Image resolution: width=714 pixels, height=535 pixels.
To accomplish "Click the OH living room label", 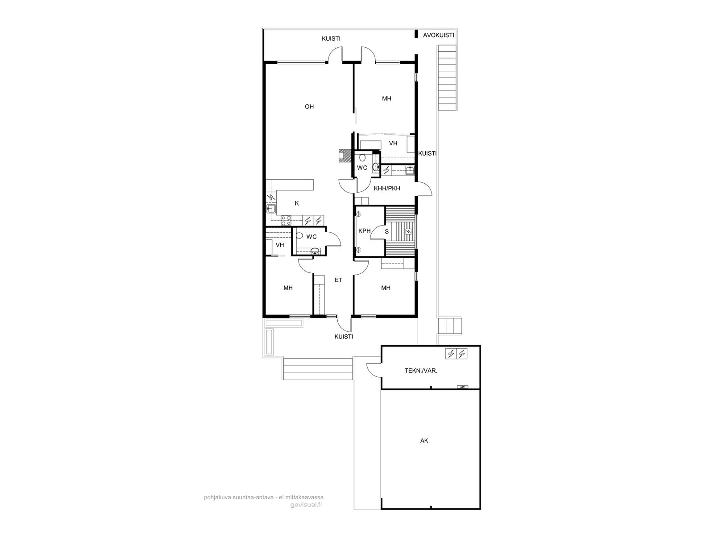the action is pyautogui.click(x=309, y=107).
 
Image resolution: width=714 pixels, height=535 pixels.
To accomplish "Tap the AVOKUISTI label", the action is pyautogui.click(x=438, y=35).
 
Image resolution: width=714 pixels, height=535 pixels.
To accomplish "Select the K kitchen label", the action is pyautogui.click(x=297, y=203).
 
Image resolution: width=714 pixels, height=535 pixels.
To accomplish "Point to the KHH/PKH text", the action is pyautogui.click(x=387, y=189).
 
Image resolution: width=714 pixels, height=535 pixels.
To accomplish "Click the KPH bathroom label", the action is pyautogui.click(x=364, y=231).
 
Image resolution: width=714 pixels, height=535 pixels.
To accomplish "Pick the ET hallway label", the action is pyautogui.click(x=338, y=280).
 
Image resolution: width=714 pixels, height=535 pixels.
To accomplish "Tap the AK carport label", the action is pyautogui.click(x=424, y=441).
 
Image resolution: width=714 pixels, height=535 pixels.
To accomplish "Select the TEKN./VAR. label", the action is pyautogui.click(x=421, y=370).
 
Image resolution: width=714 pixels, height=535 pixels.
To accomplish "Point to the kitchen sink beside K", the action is pyautogui.click(x=271, y=209).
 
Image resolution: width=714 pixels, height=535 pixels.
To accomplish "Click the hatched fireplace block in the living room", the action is pyautogui.click(x=345, y=155).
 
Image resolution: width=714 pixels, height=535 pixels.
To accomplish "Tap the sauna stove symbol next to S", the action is pyautogui.click(x=409, y=231).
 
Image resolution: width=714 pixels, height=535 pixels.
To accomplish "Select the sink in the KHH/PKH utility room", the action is pyautogui.click(x=410, y=169).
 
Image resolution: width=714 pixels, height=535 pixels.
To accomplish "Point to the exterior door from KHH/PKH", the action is pyautogui.click(x=425, y=189).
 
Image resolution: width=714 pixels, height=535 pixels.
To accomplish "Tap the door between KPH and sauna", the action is pyautogui.click(x=378, y=233).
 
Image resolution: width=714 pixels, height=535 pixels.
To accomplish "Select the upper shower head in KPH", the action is pyautogui.click(x=359, y=214).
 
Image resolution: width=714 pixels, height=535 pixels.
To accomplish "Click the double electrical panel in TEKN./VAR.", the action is pyautogui.click(x=456, y=354).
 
